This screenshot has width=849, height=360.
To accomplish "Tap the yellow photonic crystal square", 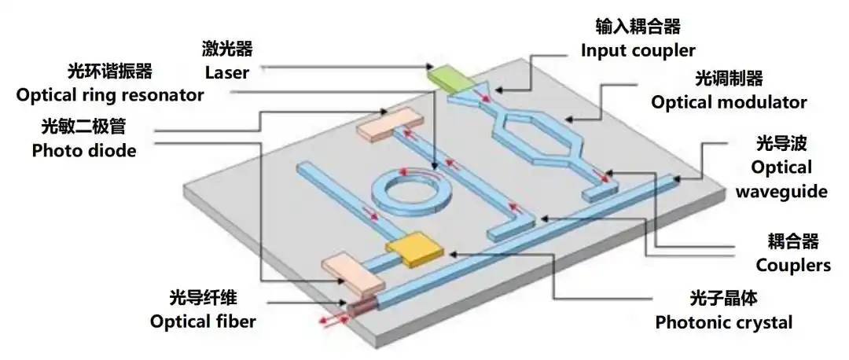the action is click(415, 249).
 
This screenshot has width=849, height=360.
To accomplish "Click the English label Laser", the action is click(227, 72).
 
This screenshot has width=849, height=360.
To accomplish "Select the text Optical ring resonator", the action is click(110, 95).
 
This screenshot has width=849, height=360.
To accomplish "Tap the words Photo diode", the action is click(84, 150).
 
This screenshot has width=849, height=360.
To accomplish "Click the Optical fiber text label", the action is click(203, 321).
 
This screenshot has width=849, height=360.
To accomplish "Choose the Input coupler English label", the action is click(638, 51).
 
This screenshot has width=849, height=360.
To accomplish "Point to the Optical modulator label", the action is click(729, 101).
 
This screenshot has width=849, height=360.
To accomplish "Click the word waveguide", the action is click(781, 191).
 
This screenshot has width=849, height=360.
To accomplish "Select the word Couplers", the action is click(793, 265).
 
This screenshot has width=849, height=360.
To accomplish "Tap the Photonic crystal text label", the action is click(724, 322).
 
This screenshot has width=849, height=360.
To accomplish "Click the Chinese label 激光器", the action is click(227, 50).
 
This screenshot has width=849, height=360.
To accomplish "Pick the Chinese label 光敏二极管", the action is click(83, 127).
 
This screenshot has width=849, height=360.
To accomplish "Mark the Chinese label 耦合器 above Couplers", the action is click(793, 241).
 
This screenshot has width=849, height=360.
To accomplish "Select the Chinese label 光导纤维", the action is click(203, 298).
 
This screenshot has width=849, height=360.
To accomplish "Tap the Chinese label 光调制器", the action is click(729, 79).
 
